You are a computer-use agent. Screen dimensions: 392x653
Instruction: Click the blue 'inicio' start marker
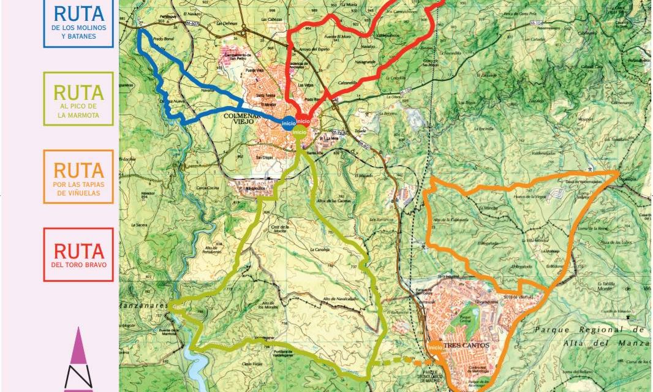click(289, 123)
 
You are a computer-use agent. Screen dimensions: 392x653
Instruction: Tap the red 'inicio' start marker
click(303, 122)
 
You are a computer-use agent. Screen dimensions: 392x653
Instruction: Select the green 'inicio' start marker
click(300, 132)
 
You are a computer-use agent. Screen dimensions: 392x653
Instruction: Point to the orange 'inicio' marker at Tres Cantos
click(436, 347)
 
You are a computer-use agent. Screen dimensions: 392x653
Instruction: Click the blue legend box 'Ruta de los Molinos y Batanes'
click(78, 23)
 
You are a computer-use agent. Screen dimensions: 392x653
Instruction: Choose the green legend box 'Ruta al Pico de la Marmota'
click(78, 99)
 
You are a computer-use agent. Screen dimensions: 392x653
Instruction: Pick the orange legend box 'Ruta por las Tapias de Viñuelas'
click(78, 176)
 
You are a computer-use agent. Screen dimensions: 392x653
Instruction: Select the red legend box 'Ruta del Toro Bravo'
click(78, 254)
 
